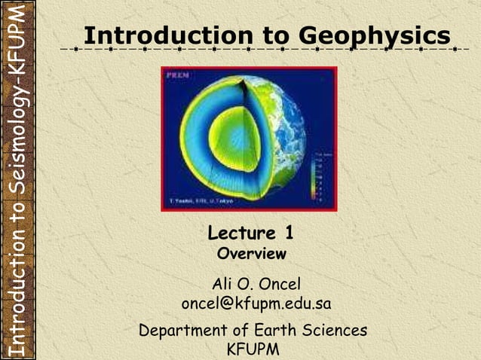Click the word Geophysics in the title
[x=375, y=35]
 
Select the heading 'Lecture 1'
[x=250, y=233]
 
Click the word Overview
[x=251, y=254]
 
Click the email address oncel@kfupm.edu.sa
[x=256, y=304]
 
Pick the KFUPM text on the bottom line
[x=253, y=349]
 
